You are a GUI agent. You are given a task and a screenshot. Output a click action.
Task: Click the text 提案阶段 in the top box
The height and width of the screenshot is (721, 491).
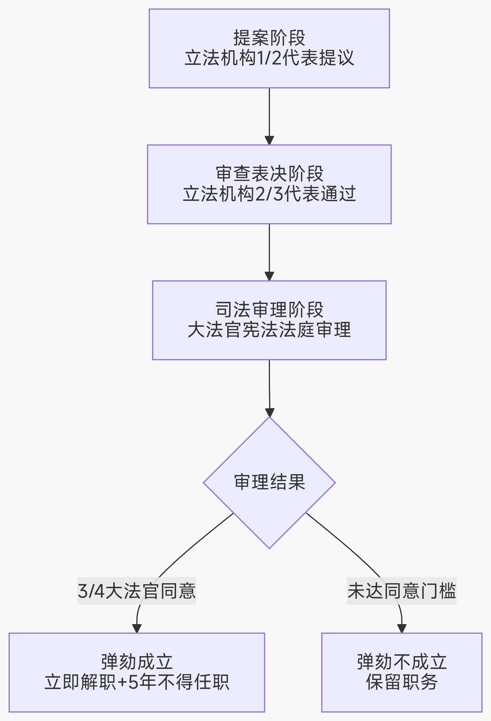pos(269,38)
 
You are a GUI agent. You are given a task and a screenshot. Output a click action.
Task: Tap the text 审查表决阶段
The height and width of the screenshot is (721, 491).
pos(269,174)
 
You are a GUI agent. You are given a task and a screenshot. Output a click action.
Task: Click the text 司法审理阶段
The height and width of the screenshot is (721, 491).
pos(269,310)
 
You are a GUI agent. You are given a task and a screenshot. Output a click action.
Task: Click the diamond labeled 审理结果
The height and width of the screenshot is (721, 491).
pos(269,482)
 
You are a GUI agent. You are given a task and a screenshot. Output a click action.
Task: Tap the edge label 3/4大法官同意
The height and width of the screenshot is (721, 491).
pos(137,591)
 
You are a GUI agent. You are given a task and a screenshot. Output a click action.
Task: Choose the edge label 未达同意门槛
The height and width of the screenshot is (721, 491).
pos(401,591)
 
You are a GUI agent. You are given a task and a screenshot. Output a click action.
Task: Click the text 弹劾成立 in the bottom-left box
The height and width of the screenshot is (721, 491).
pos(137,662)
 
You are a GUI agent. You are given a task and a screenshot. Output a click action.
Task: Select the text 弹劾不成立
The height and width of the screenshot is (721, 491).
pos(401,662)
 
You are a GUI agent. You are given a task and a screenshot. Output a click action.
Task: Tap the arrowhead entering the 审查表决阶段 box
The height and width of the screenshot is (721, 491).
pos(269,140)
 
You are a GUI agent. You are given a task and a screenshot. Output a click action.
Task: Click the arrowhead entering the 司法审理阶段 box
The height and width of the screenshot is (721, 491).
pos(269,276)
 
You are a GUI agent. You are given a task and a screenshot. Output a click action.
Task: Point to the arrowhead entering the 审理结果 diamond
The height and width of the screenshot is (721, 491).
pos(269,412)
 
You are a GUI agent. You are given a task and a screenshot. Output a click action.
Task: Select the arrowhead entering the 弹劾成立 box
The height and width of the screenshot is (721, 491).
pos(137,628)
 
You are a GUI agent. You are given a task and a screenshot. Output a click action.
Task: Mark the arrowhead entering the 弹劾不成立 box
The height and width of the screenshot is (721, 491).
pos(402,628)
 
